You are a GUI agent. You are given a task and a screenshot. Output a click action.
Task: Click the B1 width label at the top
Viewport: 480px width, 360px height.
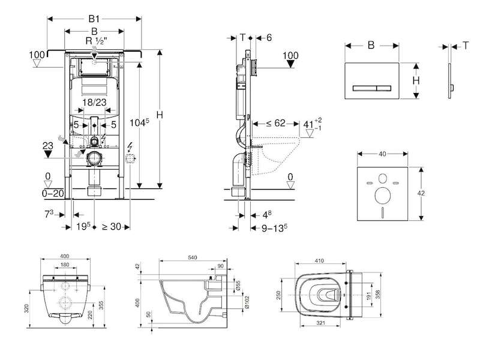tap(94, 19)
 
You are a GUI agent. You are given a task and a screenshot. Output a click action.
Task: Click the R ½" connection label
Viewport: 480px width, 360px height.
tap(96, 41)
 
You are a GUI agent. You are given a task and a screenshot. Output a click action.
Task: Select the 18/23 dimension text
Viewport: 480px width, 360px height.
tap(94, 102)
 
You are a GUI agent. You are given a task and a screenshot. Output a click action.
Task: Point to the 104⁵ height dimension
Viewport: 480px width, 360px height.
tap(139, 122)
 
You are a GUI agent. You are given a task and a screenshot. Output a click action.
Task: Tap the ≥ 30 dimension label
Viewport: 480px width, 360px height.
tap(111, 227)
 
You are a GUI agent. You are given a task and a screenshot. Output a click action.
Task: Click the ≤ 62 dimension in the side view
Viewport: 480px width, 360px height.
tap(275, 124)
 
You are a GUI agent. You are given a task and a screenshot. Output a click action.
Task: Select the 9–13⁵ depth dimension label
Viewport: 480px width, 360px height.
tap(274, 228)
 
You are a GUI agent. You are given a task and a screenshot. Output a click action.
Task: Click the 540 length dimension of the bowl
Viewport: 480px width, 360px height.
tap(192, 257)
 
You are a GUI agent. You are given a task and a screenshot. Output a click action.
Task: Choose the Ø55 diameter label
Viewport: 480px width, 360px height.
tap(238, 285)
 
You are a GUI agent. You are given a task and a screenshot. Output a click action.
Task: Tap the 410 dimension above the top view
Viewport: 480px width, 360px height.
tap(319, 261)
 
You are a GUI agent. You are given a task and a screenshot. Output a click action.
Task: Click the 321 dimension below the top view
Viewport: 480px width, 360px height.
tap(320, 323)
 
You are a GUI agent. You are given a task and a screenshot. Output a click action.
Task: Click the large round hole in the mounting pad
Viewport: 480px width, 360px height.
tap(382, 196)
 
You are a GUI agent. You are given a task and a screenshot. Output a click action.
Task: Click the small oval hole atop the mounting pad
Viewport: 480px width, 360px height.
tap(383, 178)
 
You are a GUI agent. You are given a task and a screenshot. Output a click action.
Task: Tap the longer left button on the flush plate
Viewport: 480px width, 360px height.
tap(364, 88)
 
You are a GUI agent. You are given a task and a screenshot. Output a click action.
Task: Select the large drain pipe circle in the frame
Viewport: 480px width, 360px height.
tap(94, 158)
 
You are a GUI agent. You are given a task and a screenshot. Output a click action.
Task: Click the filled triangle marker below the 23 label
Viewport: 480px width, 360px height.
tap(48, 154)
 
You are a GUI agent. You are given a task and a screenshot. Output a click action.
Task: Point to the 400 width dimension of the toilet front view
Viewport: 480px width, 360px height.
tap(65, 256)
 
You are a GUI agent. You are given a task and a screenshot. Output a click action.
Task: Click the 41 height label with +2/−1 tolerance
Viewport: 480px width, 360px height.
tap(312, 124)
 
